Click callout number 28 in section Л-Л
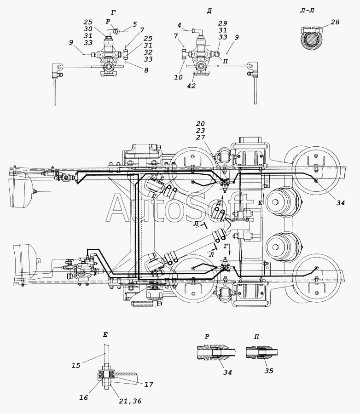[x=335, y=22]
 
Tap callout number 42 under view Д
[x=191, y=86]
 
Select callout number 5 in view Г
[x=134, y=24]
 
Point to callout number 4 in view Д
[x=180, y=25]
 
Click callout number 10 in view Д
[x=179, y=77]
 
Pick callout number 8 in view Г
[x=146, y=70]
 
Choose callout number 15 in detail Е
[x=76, y=365]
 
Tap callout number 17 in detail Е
[x=149, y=384]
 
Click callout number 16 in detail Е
[x=83, y=397]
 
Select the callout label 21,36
[x=130, y=401]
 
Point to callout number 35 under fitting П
[x=269, y=371]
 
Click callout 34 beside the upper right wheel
[x=341, y=203]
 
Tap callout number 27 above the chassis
[x=200, y=137]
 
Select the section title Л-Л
[x=307, y=11]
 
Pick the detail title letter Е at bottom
[x=105, y=335]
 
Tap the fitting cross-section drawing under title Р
[x=216, y=352]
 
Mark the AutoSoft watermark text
[x=180, y=207]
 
